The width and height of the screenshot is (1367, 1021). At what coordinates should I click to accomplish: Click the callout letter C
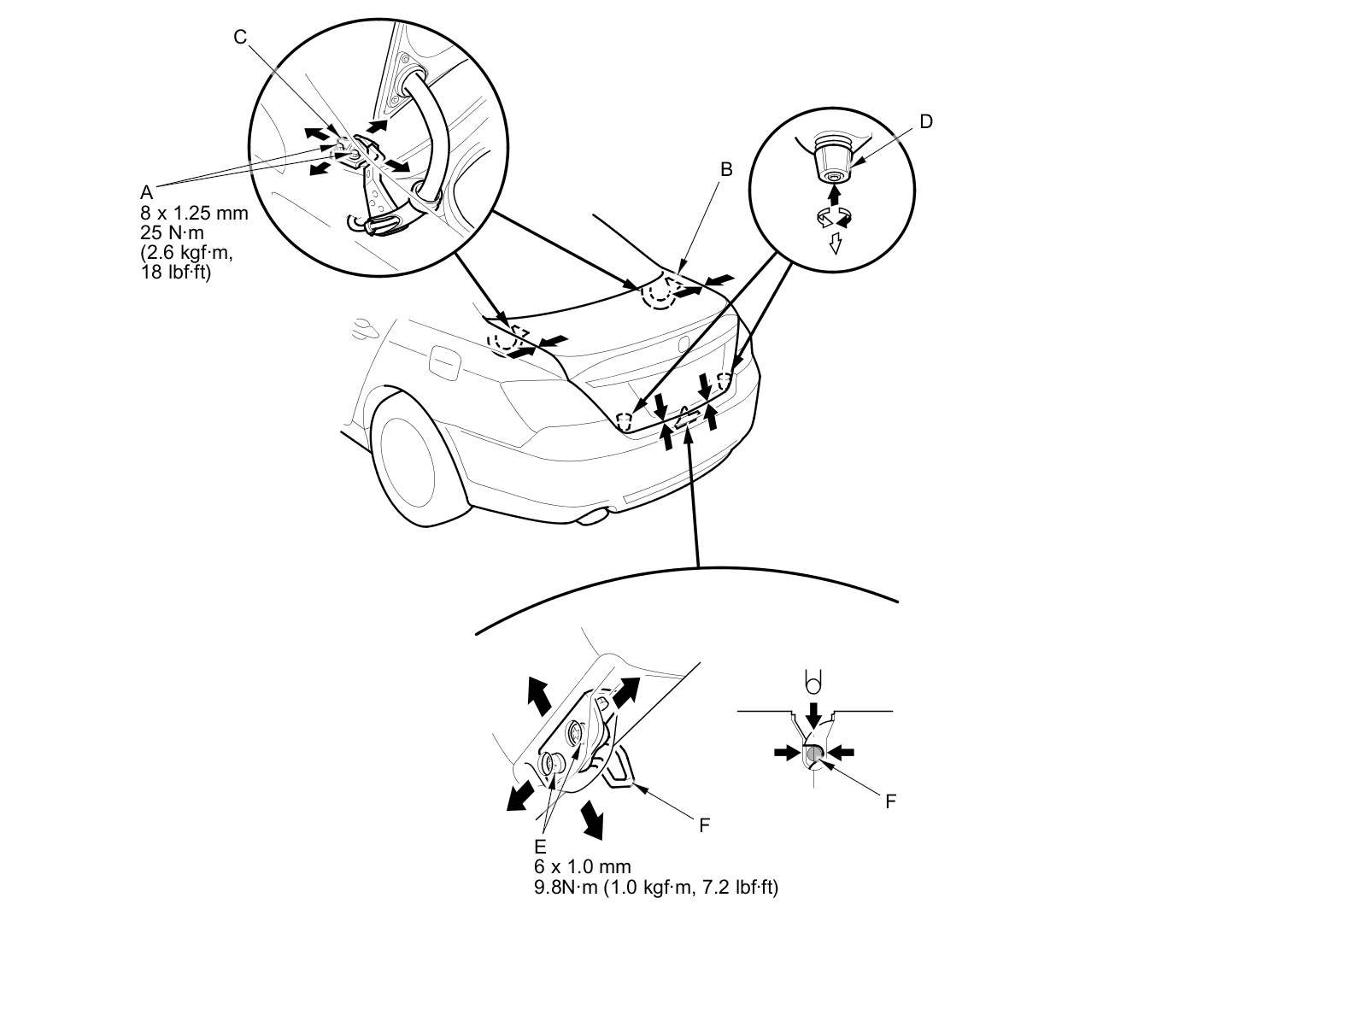pyautogui.click(x=240, y=37)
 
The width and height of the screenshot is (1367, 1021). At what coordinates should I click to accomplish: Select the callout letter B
pyautogui.click(x=726, y=169)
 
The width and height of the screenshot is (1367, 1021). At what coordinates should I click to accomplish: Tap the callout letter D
pyautogui.click(x=926, y=121)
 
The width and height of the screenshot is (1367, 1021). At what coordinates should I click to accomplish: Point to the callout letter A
pyautogui.click(x=147, y=192)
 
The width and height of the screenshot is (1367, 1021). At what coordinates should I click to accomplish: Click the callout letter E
pyautogui.click(x=540, y=847)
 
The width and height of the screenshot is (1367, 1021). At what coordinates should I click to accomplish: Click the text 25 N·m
pyautogui.click(x=173, y=232)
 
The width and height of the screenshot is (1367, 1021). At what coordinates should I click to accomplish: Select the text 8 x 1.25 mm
pyautogui.click(x=194, y=213)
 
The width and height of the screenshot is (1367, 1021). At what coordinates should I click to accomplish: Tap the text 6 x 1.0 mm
pyautogui.click(x=583, y=867)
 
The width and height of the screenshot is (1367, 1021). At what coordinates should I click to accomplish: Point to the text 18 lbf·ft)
pyautogui.click(x=175, y=273)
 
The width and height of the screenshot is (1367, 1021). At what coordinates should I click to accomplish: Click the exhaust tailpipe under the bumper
pyautogui.click(x=596, y=516)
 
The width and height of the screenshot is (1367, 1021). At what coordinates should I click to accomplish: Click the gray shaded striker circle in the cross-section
pyautogui.click(x=814, y=753)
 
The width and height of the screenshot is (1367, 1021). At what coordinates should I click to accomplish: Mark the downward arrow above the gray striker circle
pyautogui.click(x=814, y=713)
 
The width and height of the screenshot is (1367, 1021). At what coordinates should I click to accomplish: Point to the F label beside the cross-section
pyautogui.click(x=890, y=801)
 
